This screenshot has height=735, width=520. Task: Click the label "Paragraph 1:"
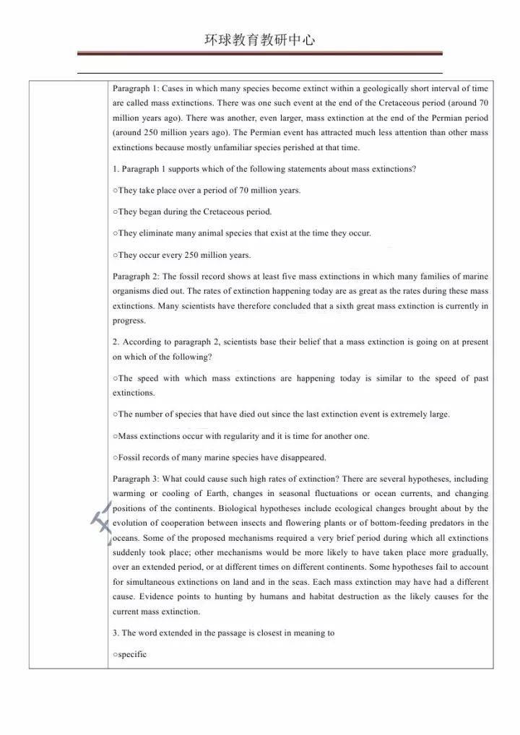point(136,88)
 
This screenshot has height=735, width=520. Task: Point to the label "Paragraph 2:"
point(136,277)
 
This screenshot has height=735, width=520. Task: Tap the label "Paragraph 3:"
point(136,479)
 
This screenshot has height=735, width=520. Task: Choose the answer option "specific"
point(132,654)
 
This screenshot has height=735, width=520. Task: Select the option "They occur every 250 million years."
point(184,255)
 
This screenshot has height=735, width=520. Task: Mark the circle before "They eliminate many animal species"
point(116,233)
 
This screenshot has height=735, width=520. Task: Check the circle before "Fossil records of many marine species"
point(116,457)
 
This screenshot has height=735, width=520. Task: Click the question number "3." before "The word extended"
point(116,633)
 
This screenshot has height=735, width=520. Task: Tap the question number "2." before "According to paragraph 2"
point(116,342)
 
